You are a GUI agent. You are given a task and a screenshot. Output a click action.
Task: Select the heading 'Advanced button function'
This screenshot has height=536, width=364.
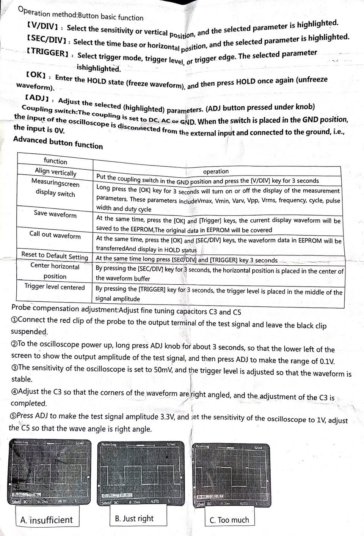tap(58, 142)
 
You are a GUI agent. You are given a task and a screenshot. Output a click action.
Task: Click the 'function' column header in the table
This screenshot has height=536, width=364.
tap(55, 161)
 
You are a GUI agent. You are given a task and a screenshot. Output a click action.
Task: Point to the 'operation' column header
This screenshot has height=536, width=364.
tap(216, 171)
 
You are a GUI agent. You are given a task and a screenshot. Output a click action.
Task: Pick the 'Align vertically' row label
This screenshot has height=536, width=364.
tap(55, 172)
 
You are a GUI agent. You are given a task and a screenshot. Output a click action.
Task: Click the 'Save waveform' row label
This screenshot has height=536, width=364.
tap(55, 214)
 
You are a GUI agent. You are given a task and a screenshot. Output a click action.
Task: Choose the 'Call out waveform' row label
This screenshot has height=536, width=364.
tap(55, 235)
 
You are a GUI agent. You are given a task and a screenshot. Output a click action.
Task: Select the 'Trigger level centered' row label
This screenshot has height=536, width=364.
tap(55, 287)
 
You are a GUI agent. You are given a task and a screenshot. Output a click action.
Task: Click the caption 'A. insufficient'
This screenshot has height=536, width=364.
tap(46, 520)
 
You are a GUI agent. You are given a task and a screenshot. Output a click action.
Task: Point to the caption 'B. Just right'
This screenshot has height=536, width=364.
tap(134, 519)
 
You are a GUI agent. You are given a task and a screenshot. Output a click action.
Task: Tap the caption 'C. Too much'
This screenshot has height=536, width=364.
tap(229, 520)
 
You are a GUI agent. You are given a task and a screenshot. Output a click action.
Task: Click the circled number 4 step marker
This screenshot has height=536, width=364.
tap(14, 391)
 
